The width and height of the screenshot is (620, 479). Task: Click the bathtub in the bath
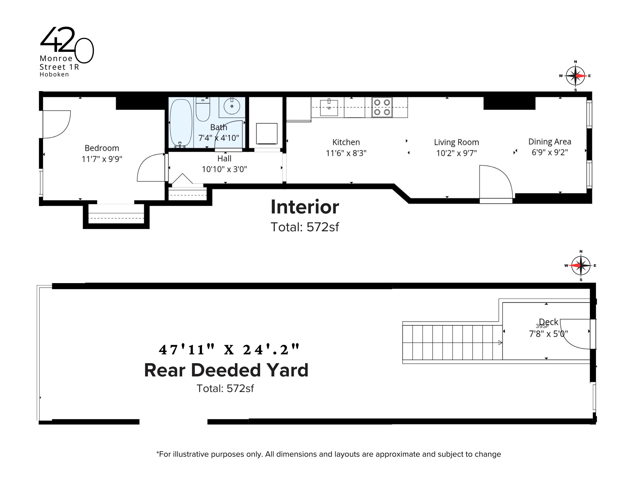click(181, 122)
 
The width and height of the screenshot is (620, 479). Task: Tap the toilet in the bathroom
click(203, 109)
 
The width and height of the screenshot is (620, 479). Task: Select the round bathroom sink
click(232, 106)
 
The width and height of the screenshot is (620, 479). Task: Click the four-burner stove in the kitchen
click(382, 107)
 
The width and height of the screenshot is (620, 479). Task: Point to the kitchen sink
click(329, 108)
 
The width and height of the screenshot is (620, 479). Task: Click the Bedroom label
click(102, 148)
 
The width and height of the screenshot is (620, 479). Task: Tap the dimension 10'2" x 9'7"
click(456, 153)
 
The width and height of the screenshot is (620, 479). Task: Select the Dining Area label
click(549, 142)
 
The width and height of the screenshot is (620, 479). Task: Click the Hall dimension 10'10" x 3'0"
click(224, 170)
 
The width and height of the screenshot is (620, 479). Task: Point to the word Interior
click(305, 207)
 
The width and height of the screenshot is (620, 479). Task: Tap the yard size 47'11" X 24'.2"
click(229, 350)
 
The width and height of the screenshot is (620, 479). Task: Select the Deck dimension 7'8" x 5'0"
click(548, 334)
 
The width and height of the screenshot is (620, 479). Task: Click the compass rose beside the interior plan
click(575, 76)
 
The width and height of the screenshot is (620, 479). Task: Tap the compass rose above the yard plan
click(581, 266)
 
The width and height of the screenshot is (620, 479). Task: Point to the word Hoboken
click(54, 75)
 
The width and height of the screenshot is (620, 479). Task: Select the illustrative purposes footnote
click(328, 454)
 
